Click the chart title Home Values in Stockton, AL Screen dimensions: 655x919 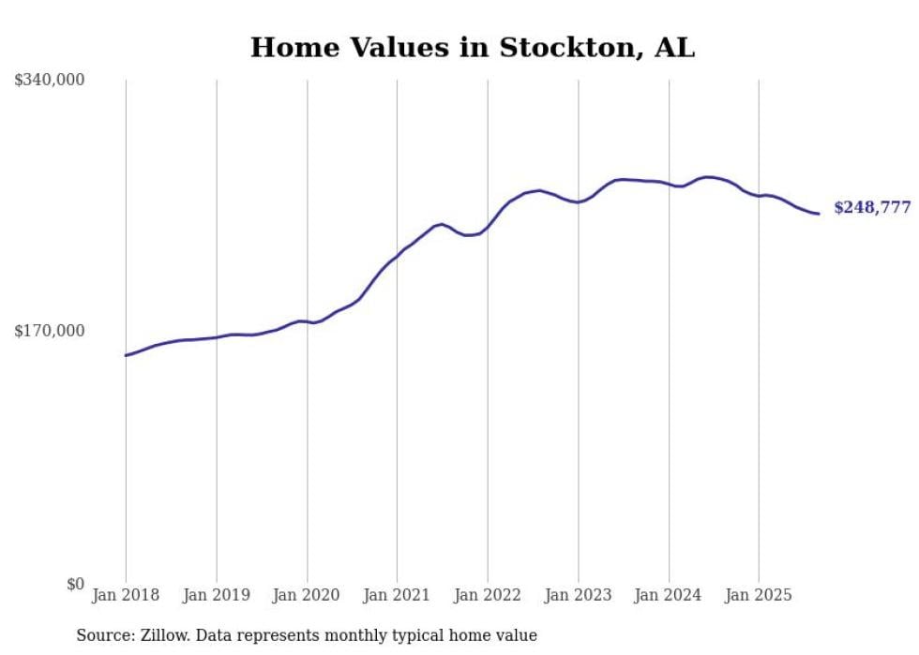pos(473,48)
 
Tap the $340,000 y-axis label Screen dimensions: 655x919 pos(50,81)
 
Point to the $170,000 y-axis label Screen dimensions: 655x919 pos(50,331)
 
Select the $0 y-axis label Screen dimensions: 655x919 pos(75,584)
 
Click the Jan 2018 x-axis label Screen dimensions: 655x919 pos(126,595)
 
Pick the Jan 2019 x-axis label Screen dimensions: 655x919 pos(217,595)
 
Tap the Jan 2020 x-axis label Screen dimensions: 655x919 pos(307,595)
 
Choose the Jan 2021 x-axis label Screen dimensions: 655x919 pos(397,595)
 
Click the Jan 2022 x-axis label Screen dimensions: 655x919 pos(488,595)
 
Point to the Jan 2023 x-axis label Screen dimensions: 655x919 pos(579,595)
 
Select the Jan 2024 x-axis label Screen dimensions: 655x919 pos(669,595)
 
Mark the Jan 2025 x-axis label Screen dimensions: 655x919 pos(759,595)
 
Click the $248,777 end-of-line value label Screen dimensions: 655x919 pos(872,208)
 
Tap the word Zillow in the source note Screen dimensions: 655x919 pos(162,635)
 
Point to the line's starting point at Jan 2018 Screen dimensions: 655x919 pos(126,355)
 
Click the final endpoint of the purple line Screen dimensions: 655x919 pos(819,214)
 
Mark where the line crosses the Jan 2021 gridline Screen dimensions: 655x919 pos(397,255)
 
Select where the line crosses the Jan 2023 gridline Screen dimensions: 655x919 pos(579,201)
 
